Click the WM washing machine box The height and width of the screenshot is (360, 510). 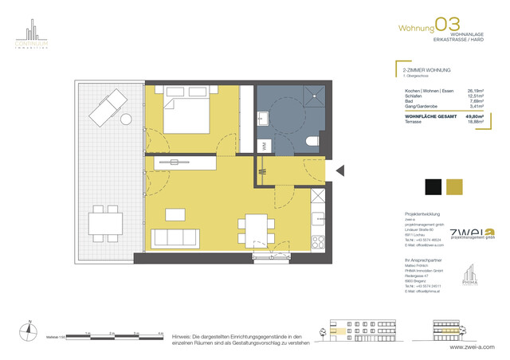(x=264, y=144)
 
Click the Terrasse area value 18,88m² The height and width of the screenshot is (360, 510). (x=477, y=122)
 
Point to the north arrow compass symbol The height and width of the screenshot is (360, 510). (x=29, y=327)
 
